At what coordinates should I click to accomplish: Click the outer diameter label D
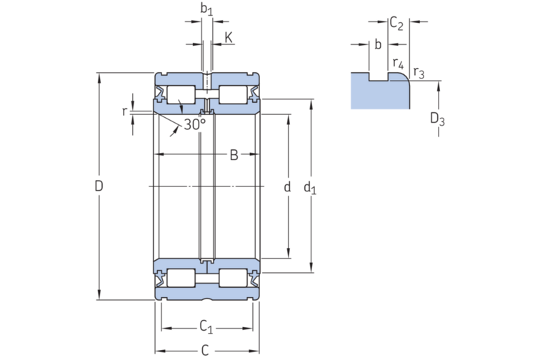[x=99, y=186]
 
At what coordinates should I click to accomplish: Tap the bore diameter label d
[x=287, y=187]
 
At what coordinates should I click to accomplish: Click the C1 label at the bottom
[x=206, y=327]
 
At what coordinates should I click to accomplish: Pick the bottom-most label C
[x=205, y=350]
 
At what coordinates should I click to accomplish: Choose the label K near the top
[x=228, y=36]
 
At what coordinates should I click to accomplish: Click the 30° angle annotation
[x=194, y=124]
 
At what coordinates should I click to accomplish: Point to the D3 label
[x=437, y=119]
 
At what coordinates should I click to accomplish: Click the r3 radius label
[x=419, y=72]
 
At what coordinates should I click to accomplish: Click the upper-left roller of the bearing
[x=181, y=95]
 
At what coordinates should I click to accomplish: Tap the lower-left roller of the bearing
[x=181, y=278]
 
